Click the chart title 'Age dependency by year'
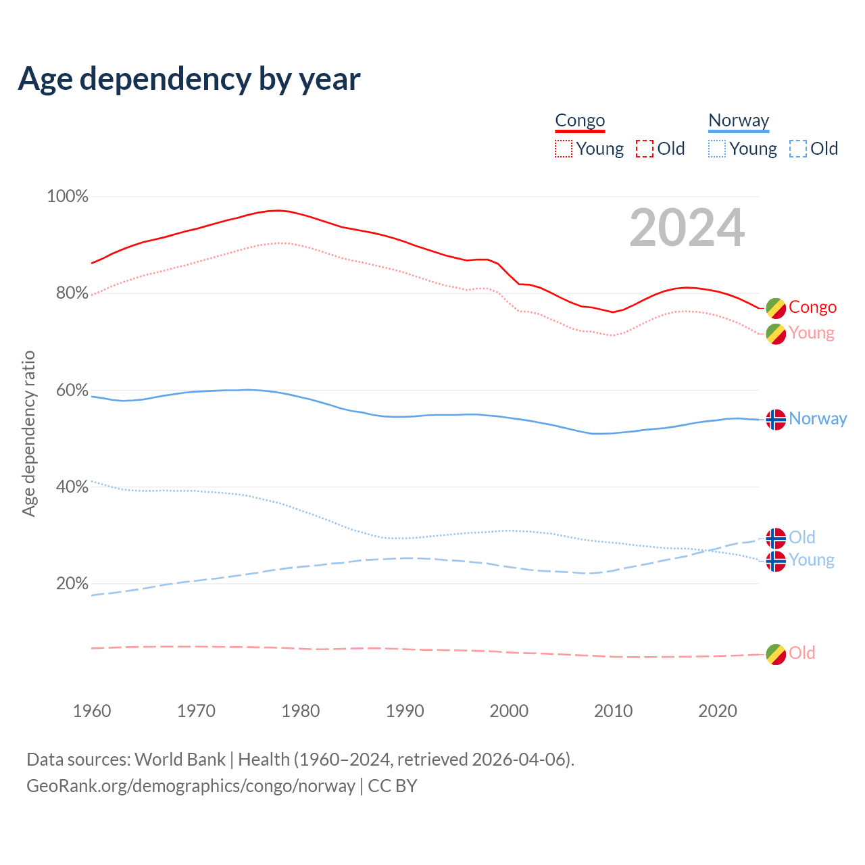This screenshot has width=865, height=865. [189, 78]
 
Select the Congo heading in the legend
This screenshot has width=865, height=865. [580, 120]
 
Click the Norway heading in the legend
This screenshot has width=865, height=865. [739, 120]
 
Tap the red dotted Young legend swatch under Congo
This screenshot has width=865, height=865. [564, 149]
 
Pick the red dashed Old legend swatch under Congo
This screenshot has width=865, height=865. [645, 149]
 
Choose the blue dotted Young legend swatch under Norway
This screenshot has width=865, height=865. [717, 149]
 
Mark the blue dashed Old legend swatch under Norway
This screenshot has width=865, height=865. [798, 149]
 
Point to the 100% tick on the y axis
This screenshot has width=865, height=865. [68, 197]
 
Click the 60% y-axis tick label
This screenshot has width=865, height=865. [72, 390]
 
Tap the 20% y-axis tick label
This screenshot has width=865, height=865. [72, 583]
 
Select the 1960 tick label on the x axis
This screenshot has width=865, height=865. [92, 711]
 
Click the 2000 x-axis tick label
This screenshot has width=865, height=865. [509, 711]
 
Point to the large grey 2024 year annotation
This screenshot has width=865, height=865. [687, 228]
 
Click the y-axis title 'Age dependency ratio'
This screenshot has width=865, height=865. [28, 433]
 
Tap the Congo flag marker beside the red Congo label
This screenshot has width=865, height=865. [776, 308]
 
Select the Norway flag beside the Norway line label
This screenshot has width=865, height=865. [776, 420]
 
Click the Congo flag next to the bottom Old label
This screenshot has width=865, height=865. [776, 654]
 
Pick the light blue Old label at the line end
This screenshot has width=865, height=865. [802, 537]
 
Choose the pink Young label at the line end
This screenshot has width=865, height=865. [812, 333]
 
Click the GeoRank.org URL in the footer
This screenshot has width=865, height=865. [191, 786]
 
